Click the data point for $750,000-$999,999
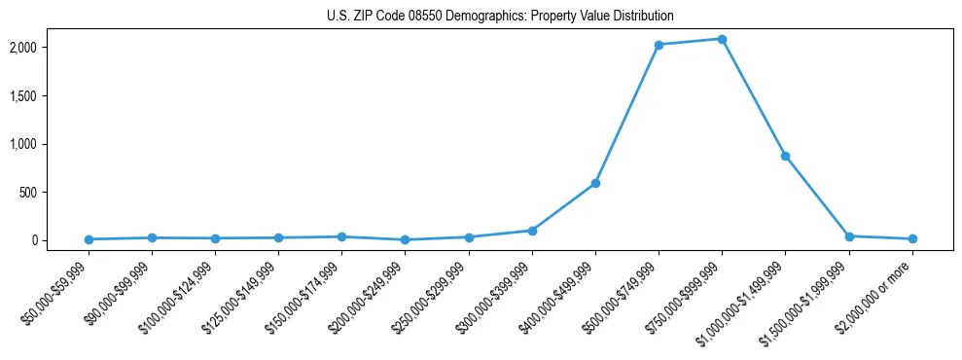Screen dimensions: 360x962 coord(722,39)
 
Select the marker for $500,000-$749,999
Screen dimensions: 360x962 coord(659,45)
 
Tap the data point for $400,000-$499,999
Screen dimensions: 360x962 coord(595,183)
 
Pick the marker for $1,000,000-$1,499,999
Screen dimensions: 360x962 coord(785,156)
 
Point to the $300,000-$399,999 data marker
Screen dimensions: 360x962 coord(532,231)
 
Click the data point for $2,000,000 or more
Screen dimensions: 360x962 coord(912,238)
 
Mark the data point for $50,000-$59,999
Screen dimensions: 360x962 coord(89,239)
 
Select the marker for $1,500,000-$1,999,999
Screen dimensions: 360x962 coord(849,236)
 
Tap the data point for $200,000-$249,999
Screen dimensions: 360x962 coord(405,239)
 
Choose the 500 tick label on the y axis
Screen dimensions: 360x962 coord(54,193)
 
